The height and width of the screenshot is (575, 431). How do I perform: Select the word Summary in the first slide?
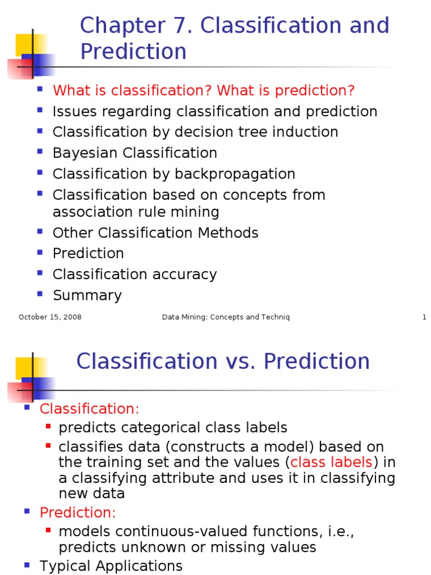tap(87, 295)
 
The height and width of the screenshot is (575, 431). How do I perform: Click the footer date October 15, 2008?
tap(50, 317)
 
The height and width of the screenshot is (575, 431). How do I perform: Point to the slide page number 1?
tap(424, 317)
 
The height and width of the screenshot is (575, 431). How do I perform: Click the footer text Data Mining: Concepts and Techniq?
tap(226, 317)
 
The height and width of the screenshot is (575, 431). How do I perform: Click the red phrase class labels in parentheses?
tap(332, 462)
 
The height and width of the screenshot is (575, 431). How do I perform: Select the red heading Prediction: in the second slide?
tap(77, 513)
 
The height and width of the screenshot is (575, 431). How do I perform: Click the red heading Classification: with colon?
tap(89, 409)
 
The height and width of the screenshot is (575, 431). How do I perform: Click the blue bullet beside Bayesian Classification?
tap(40, 152)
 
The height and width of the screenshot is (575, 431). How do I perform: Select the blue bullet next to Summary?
tap(40, 294)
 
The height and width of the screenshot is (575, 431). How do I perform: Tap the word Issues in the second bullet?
tap(71, 111)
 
